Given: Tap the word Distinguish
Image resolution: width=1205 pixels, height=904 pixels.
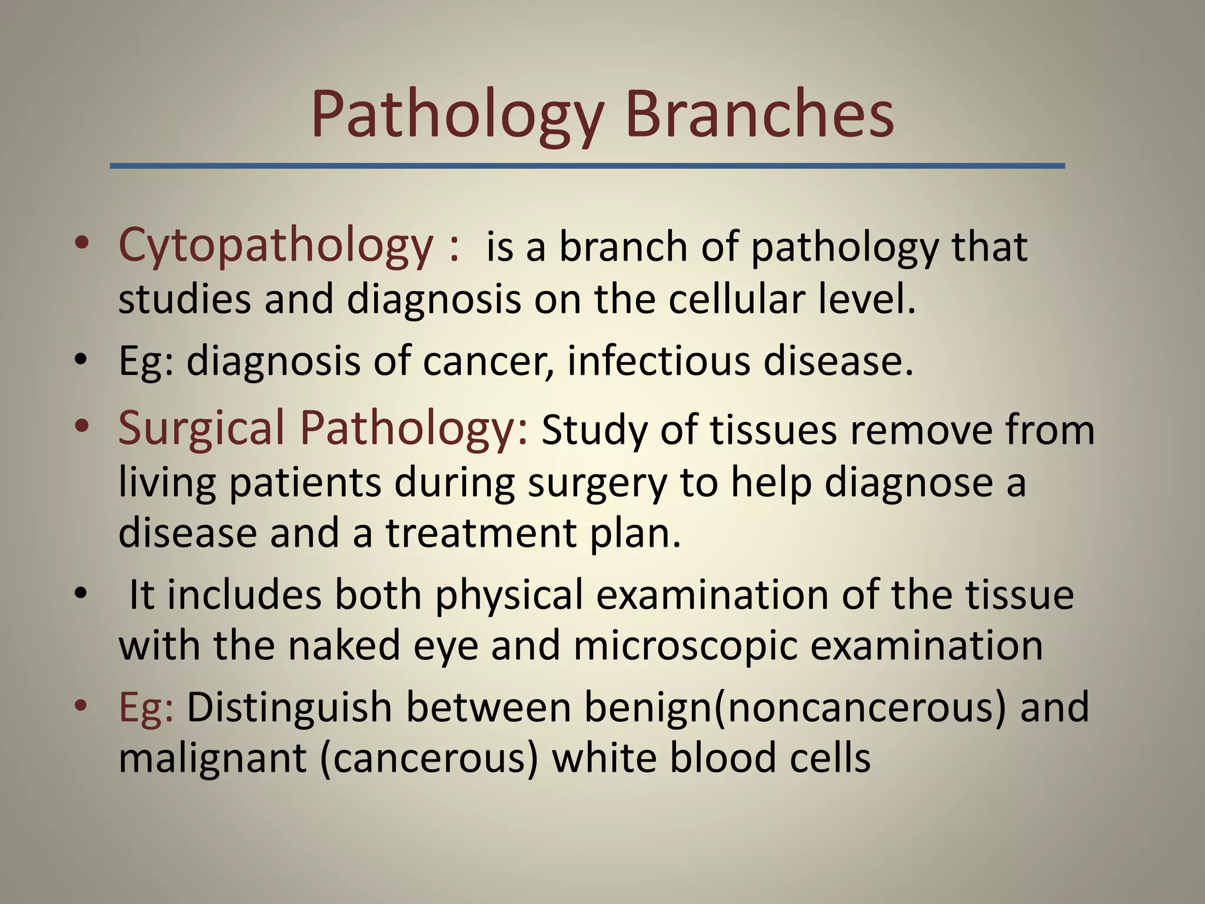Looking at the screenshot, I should pyautogui.click(x=289, y=708).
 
